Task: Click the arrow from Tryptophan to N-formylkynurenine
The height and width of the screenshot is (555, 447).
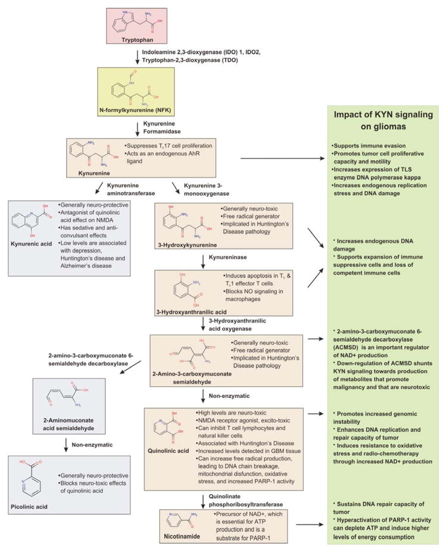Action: coord(137,58)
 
